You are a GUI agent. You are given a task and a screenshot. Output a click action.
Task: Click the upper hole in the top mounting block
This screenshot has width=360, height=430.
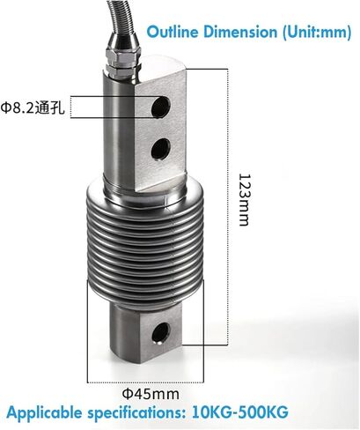161,106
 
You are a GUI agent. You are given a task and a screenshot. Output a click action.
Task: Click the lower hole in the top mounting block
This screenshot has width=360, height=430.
160,148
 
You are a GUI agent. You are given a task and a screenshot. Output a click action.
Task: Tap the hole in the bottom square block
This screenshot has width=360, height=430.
161,333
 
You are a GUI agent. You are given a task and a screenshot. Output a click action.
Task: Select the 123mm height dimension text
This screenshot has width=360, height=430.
245,200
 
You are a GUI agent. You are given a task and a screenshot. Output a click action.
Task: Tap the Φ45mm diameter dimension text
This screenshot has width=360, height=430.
151,394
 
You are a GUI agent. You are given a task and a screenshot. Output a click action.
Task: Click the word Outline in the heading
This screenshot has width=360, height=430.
173,32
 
